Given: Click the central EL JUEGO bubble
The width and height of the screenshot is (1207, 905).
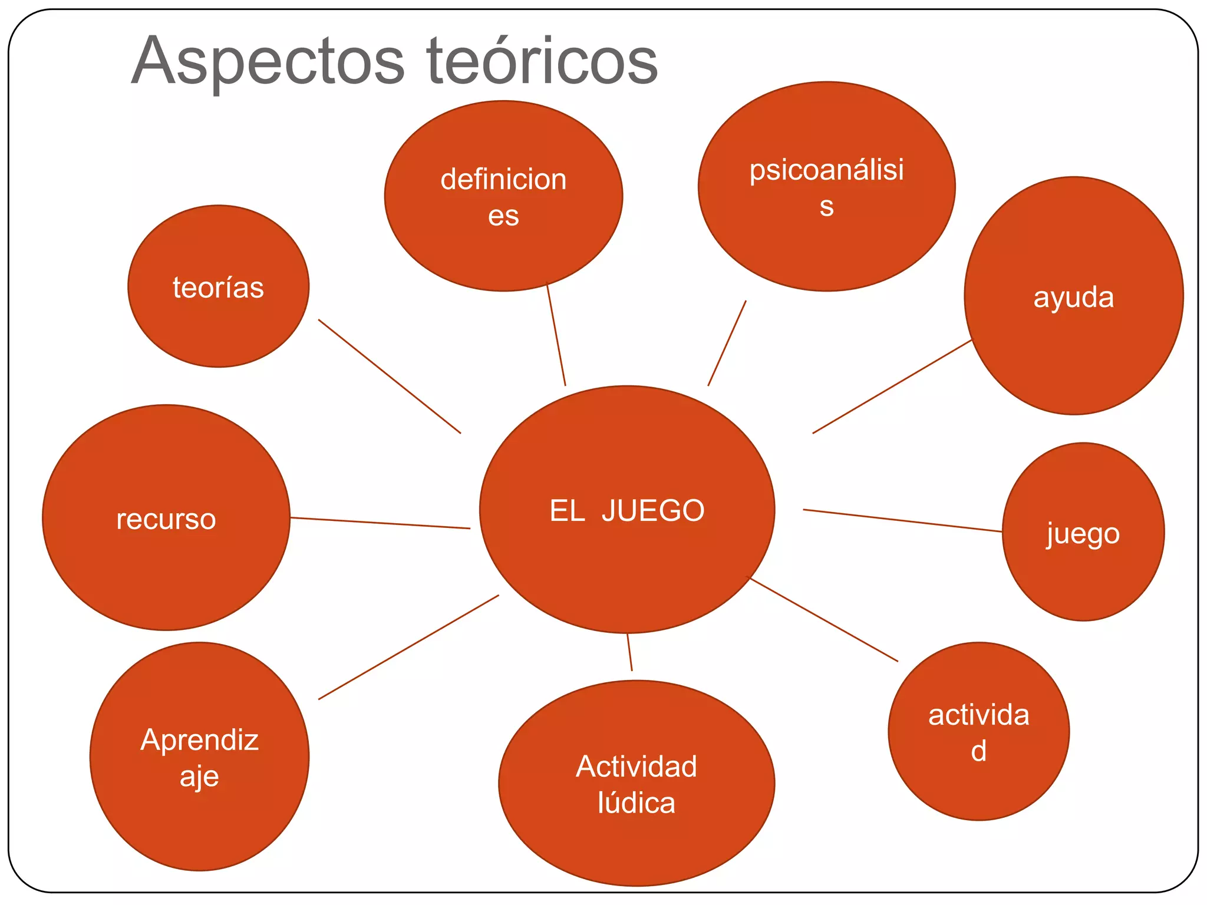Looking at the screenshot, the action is pos(627,510).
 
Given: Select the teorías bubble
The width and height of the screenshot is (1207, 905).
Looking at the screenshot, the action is pos(218,287).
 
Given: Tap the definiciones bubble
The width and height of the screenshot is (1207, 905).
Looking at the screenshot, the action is pos(503,196).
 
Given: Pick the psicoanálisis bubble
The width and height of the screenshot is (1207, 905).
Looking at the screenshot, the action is pos(826,187).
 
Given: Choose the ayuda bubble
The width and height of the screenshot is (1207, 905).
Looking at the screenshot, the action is pos(1073,296).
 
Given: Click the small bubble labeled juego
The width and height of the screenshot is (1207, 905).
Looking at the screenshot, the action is pos(1083,532).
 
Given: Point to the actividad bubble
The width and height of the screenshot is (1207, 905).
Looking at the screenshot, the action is pos(978,731).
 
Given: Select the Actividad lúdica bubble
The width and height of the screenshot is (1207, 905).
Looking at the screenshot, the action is pos(637,783).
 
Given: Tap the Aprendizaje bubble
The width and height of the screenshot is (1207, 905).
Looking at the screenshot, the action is pos(199,757).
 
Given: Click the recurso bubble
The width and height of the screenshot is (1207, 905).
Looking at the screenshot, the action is pos(166,518).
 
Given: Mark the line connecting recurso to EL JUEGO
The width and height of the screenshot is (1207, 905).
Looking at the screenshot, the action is pos(380,523).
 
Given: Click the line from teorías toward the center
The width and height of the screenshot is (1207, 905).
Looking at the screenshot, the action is pos(390,376).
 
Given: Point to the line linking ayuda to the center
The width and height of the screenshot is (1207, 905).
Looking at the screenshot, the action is pos(892,387).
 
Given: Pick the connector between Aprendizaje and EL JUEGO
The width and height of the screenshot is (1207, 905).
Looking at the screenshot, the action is pos(408,648).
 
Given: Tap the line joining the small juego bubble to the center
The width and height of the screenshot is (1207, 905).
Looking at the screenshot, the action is pos(902,521).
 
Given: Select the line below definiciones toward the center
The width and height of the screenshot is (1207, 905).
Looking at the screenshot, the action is pos(556,335).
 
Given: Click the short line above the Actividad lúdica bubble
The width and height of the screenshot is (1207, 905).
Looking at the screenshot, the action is pos(629,652).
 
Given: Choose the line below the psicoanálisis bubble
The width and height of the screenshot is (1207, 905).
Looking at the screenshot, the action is pos(727,343).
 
